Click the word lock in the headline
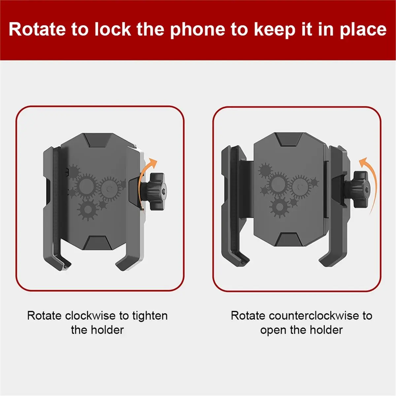(113, 29)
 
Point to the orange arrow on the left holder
(142, 181)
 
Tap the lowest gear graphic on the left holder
(88, 209)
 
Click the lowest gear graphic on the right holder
(280, 207)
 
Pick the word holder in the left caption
(107, 330)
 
